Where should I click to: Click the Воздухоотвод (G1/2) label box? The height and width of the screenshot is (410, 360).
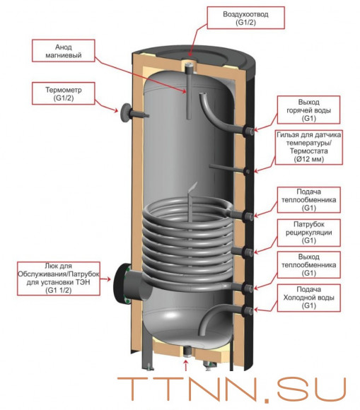coord(245,18)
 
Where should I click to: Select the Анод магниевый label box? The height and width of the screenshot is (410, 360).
coord(64,51)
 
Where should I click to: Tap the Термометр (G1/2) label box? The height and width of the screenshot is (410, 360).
coord(64,93)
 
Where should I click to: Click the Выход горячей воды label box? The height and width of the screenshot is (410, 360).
coord(308,110)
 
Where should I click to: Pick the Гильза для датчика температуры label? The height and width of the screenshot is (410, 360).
coord(308,147)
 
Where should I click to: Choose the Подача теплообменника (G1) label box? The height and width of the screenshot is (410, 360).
coord(308,200)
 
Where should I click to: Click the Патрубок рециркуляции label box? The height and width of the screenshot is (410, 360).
coord(308,233)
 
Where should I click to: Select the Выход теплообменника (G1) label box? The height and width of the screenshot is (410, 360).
coord(308,265)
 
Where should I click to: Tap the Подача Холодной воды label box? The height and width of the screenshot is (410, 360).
coord(308,298)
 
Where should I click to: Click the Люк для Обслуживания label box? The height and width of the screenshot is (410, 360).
coord(59,279)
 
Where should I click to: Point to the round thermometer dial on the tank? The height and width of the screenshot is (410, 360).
coord(125,112)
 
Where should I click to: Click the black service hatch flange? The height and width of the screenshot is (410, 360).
coord(121,283)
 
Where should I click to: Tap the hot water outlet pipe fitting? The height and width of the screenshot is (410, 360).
coord(248,131)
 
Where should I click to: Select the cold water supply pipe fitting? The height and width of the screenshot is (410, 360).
coord(248,311)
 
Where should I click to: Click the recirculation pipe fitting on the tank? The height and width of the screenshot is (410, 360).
coord(248,252)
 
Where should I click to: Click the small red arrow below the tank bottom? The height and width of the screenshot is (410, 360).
coord(186,365)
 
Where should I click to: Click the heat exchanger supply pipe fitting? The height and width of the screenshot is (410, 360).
coord(248,216)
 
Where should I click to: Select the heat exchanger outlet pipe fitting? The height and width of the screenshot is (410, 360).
coord(248,288)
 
